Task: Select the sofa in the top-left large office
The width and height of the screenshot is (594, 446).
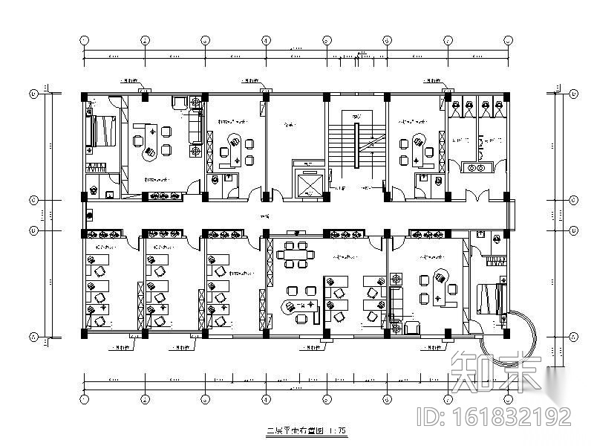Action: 197,126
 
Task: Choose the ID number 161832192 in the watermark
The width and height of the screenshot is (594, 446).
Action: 507,416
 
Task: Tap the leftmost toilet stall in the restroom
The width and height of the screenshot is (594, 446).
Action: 459,109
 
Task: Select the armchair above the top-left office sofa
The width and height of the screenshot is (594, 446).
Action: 180,102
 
